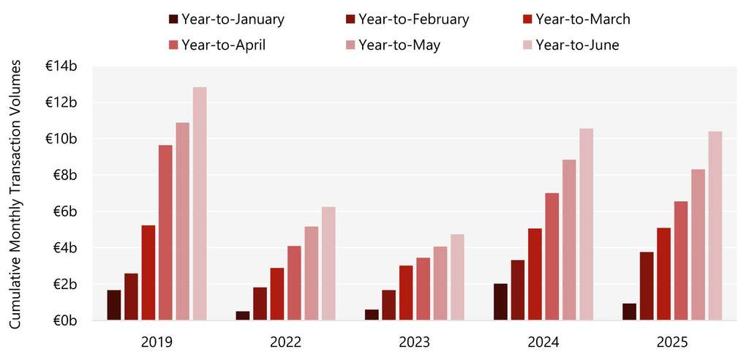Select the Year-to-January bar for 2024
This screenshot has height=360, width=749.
[500, 301]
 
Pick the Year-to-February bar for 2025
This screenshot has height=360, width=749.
[646, 286]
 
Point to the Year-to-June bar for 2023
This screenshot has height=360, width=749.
[457, 277]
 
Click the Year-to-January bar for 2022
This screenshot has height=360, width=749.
[243, 315]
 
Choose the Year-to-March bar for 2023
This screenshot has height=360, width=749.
[406, 293]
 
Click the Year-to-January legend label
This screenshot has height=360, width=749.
[233, 19]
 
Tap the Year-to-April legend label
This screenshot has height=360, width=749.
[224, 45]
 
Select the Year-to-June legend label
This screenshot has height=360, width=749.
[577, 45]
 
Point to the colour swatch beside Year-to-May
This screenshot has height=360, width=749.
[350, 45]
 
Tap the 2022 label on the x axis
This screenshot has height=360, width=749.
[286, 341]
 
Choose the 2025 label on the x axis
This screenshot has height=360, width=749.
[671, 341]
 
